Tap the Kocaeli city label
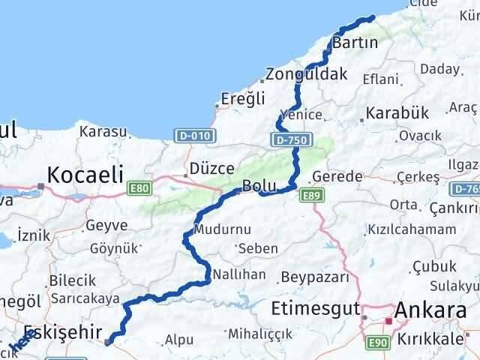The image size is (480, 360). [x=85, y=175]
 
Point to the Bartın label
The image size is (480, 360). [x=354, y=42]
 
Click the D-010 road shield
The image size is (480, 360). [x=195, y=136]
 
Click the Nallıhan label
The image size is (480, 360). [x=239, y=274]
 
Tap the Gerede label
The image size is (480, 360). [x=337, y=176]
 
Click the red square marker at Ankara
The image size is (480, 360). [x=388, y=321]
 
